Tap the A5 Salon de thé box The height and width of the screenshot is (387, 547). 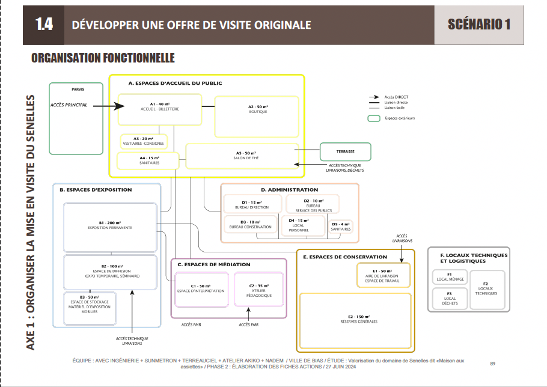pyautogui.click(x=242, y=156)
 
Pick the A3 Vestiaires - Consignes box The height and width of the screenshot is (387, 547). pyautogui.click(x=144, y=141)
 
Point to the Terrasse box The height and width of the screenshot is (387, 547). pyautogui.click(x=345, y=151)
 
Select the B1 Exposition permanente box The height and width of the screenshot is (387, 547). pyautogui.click(x=110, y=227)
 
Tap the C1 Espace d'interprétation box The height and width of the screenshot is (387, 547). pyautogui.click(x=200, y=290)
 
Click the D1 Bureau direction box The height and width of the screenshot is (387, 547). pyautogui.click(x=251, y=205)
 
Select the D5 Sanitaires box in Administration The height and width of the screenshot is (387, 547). pyautogui.click(x=341, y=227)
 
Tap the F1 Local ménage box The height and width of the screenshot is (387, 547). pyautogui.click(x=449, y=277)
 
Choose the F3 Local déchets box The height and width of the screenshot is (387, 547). pyautogui.click(x=449, y=297)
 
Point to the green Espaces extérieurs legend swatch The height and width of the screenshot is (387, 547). pyautogui.click(x=374, y=118)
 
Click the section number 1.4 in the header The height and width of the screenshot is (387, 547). pyautogui.click(x=44, y=25)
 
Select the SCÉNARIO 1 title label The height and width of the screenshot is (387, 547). pyautogui.click(x=478, y=25)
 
